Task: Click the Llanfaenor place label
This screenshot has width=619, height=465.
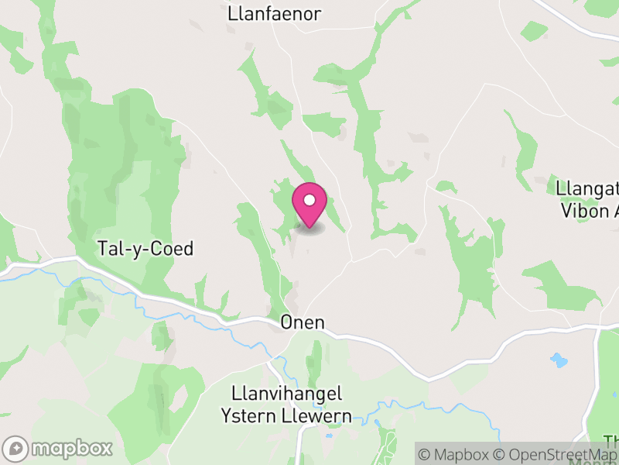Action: coord(275,14)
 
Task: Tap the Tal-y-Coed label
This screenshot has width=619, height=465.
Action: coord(145,249)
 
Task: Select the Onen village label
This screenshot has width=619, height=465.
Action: coord(303,322)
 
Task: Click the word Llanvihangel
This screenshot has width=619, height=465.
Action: coord(287,394)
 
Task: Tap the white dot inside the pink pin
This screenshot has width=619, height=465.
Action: coord(309,200)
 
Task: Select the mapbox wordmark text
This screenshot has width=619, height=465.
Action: coord(70,448)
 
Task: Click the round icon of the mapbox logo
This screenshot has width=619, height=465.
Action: coord(16,448)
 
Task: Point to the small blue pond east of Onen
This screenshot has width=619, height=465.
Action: coord(558,360)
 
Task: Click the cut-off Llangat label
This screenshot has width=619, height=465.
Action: coord(587,188)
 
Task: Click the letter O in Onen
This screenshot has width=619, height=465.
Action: coord(287,322)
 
